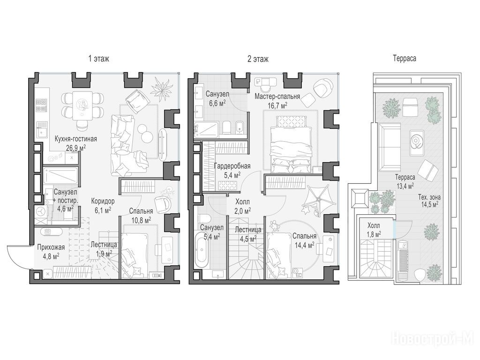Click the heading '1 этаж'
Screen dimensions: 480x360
click(x=98, y=59)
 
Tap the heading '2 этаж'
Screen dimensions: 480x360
click(x=258, y=59)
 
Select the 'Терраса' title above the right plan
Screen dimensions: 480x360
click(x=405, y=58)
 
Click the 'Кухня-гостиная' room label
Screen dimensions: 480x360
click(x=75, y=139)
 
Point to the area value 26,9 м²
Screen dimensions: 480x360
click(x=75, y=148)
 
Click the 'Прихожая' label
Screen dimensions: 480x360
click(x=51, y=247)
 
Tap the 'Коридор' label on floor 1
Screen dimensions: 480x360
click(x=103, y=201)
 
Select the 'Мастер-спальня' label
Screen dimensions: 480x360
click(x=277, y=97)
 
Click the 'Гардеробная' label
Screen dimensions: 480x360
click(x=232, y=166)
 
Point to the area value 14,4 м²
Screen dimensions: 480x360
click(x=304, y=245)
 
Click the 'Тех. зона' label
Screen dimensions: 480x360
click(x=429, y=197)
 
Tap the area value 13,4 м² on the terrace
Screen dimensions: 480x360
click(x=405, y=185)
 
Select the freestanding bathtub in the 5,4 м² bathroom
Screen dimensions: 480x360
click(x=202, y=250)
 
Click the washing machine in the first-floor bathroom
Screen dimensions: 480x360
click(x=40, y=212)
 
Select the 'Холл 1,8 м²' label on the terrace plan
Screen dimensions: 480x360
click(x=374, y=230)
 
